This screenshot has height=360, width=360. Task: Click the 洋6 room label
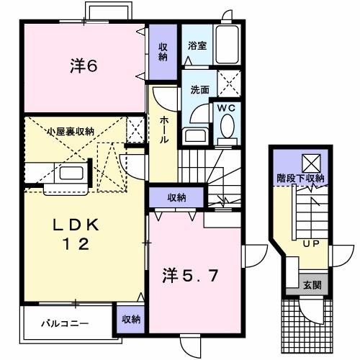pos(84,66)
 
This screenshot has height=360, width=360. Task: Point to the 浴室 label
pos(197,45)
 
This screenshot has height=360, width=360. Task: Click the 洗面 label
pos(199,91)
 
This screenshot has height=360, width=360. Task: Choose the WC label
pos(228,107)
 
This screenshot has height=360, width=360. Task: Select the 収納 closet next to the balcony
pos(130,318)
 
